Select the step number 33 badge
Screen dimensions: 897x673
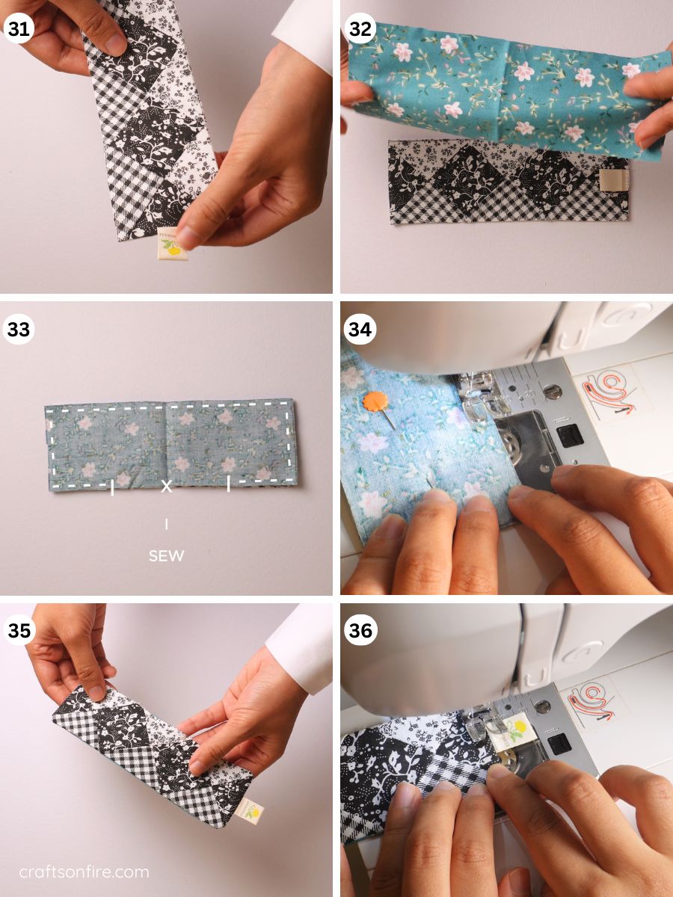[x=18, y=329]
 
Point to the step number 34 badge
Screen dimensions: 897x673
[x=360, y=329]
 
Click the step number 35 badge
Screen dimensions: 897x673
[x=18, y=630]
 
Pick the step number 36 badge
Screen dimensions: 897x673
[x=360, y=630]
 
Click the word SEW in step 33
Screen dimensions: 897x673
[x=166, y=556]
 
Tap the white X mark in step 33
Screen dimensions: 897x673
[x=167, y=487]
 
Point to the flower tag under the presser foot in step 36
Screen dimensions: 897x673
[x=517, y=730]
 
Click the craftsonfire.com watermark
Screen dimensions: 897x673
[x=84, y=872]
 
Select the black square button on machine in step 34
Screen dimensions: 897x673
[x=571, y=434]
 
